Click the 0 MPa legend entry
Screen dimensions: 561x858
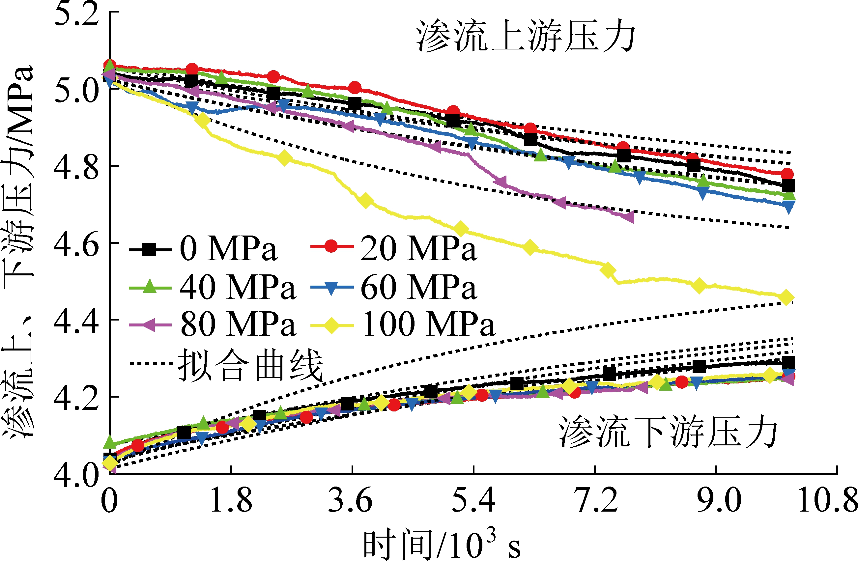204,249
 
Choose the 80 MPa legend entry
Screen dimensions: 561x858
213,324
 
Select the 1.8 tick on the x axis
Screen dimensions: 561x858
231,501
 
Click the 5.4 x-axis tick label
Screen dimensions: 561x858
473,501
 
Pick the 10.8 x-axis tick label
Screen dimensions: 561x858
828,501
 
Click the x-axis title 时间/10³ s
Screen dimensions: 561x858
442,544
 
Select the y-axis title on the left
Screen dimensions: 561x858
18,252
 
